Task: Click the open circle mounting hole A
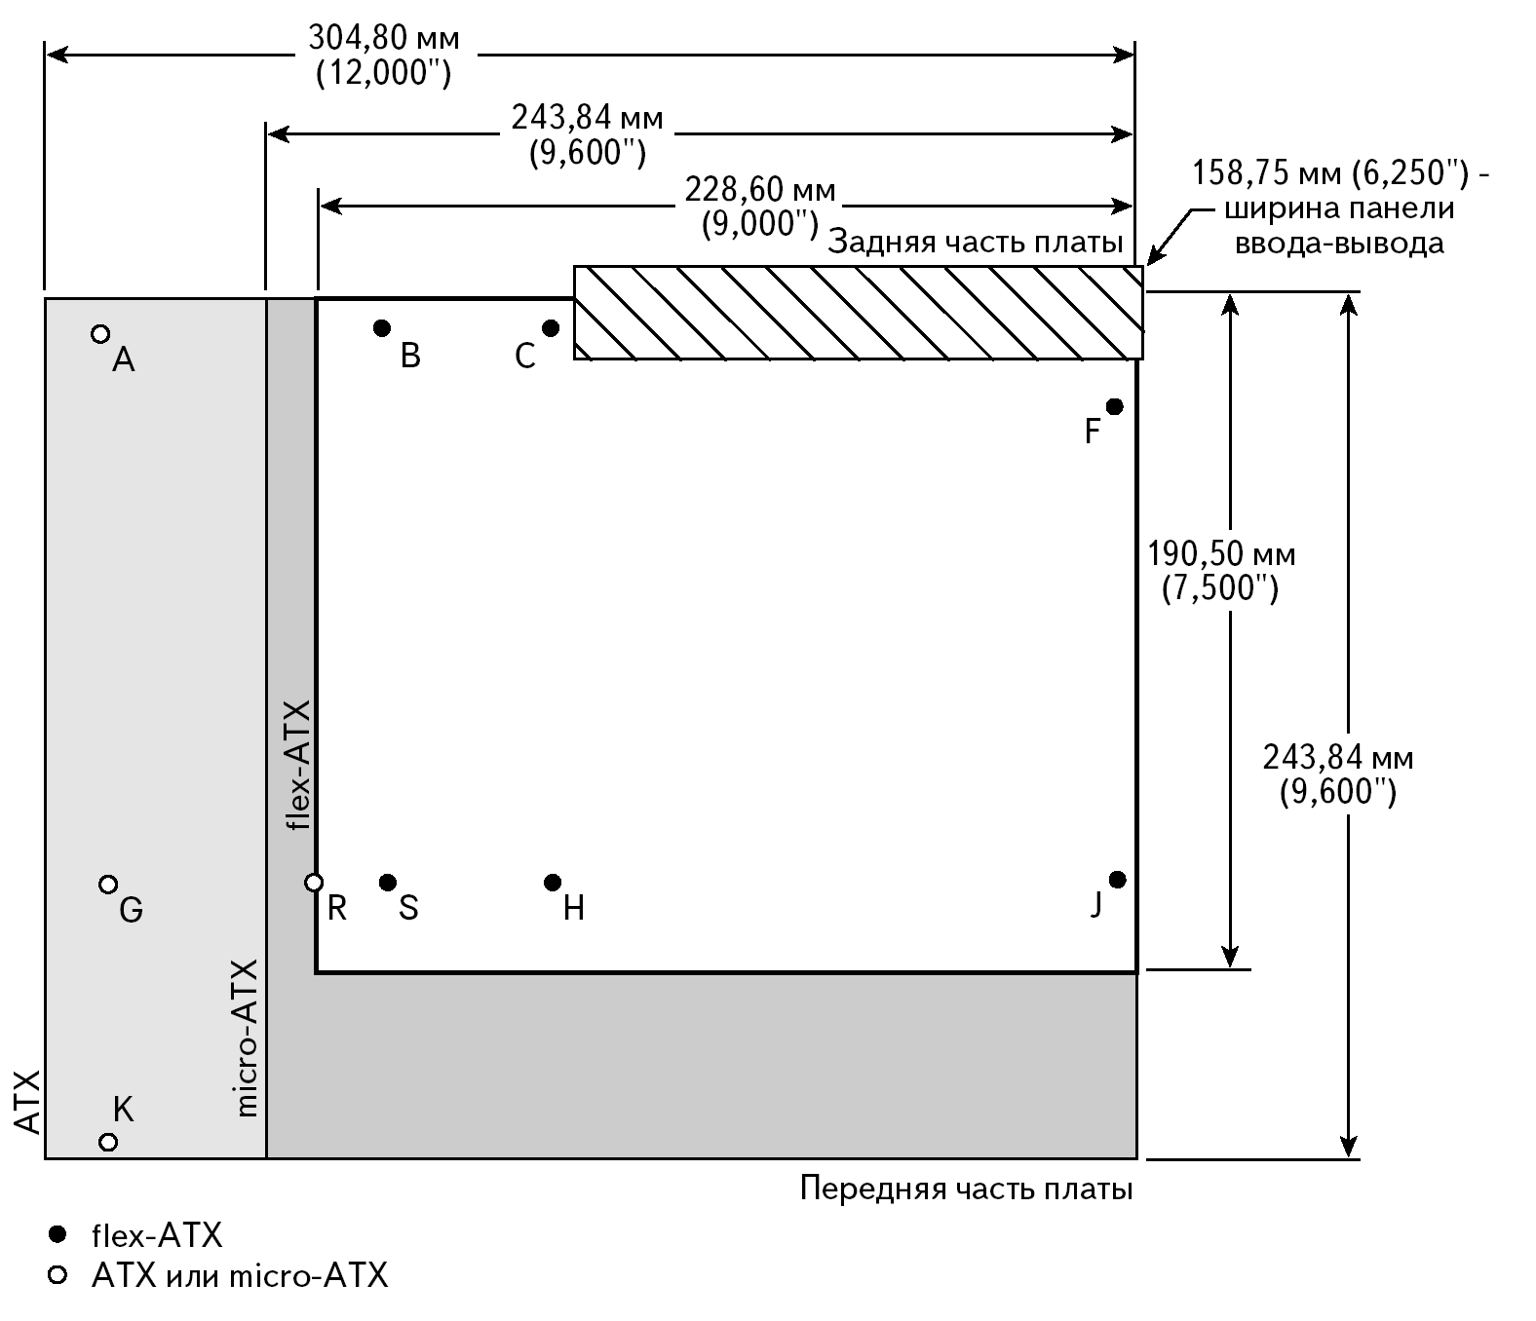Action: click(x=99, y=334)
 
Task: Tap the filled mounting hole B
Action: click(x=382, y=327)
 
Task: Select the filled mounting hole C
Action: click(x=551, y=328)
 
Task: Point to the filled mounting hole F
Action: click(x=1114, y=406)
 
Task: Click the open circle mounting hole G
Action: click(x=108, y=885)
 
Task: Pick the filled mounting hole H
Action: click(x=553, y=883)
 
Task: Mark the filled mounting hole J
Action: click(x=1118, y=880)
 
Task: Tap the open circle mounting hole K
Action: click(x=108, y=1141)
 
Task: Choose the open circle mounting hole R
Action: click(x=314, y=883)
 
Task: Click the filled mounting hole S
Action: click(x=388, y=883)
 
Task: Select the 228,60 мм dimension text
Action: click(x=760, y=189)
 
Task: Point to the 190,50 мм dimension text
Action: click(x=1221, y=555)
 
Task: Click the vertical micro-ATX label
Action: click(x=246, y=1038)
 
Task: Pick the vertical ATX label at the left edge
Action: click(x=28, y=1102)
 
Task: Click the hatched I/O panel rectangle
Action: click(x=858, y=313)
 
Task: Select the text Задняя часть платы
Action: click(x=975, y=243)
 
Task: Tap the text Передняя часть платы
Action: click(x=966, y=1189)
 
